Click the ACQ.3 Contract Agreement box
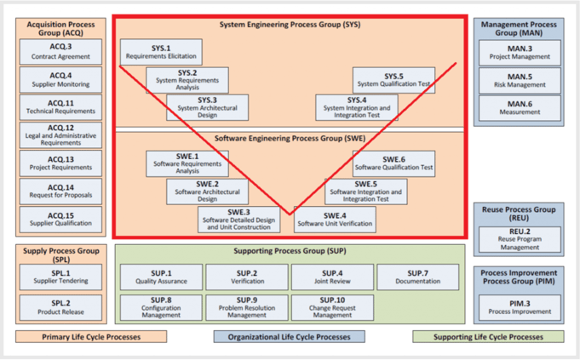click(60, 52)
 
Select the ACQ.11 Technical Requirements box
click(60, 107)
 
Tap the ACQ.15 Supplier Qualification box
click(60, 220)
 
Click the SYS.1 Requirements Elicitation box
click(161, 52)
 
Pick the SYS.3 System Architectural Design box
click(208, 106)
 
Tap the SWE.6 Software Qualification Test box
click(393, 163)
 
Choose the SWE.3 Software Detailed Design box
click(238, 220)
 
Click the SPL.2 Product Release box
click(60, 307)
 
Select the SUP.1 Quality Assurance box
click(161, 277)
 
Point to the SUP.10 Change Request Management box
click(333, 307)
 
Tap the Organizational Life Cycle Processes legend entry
click(290, 336)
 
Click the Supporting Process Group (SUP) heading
click(290, 253)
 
